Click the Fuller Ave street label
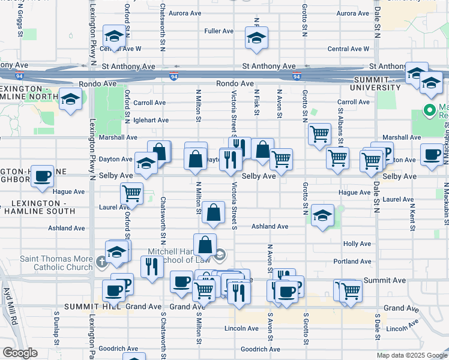218,31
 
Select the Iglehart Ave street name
151,120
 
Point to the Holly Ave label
357,244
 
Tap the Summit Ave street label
381,280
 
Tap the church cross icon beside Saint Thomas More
103,261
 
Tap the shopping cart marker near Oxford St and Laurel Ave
131,193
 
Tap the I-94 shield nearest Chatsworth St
173,76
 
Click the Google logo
20,353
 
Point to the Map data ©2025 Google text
411,355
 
